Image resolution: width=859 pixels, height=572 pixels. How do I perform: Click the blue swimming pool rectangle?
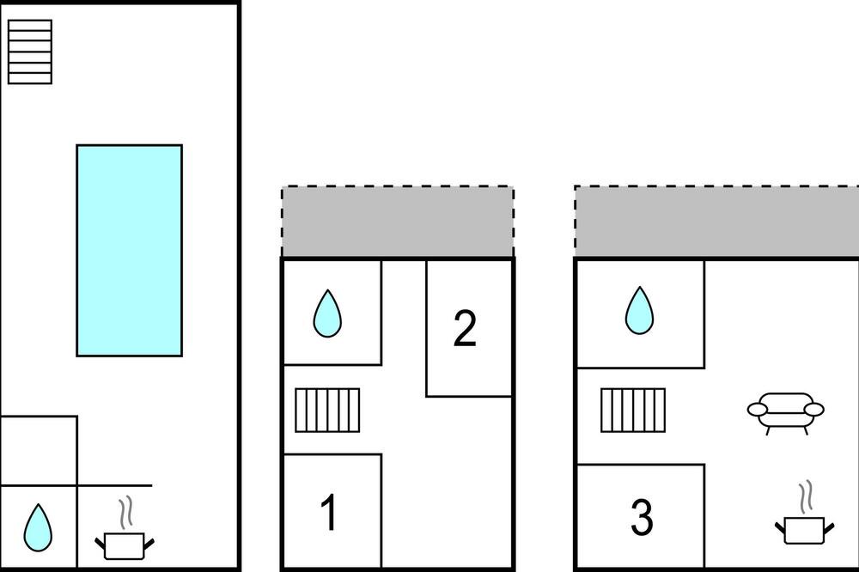point(130,251)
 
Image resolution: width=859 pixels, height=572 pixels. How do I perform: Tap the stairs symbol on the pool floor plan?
point(30,52)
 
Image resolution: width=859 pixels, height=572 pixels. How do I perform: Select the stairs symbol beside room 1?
point(327,411)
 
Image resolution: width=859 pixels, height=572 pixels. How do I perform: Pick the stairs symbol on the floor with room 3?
point(633,411)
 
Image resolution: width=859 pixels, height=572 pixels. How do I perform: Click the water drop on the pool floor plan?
point(38,528)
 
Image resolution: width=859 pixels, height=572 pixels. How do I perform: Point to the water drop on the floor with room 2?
point(327,313)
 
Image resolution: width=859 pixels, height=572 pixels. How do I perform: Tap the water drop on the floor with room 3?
point(639,310)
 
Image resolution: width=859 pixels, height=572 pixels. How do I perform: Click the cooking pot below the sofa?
point(804,530)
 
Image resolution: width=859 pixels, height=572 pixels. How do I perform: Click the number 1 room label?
point(328,512)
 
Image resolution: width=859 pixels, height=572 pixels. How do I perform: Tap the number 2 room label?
point(465,328)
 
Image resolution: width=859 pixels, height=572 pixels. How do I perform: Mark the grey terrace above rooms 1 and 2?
point(398,222)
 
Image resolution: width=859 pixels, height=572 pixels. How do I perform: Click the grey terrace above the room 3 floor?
point(716,222)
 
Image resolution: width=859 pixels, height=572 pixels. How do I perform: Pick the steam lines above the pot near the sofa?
point(806,497)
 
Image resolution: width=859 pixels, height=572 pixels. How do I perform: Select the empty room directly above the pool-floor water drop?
point(39,451)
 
